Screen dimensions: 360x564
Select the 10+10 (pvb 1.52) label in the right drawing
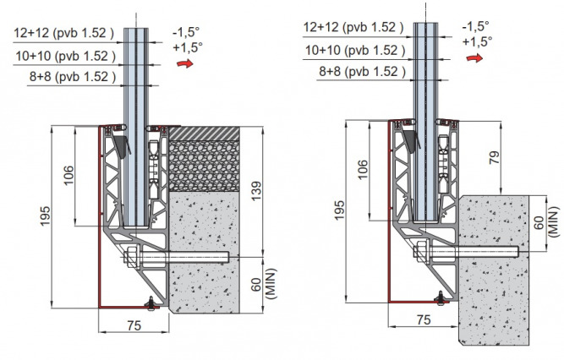(x=354, y=52)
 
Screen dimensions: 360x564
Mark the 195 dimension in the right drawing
(x=337, y=211)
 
